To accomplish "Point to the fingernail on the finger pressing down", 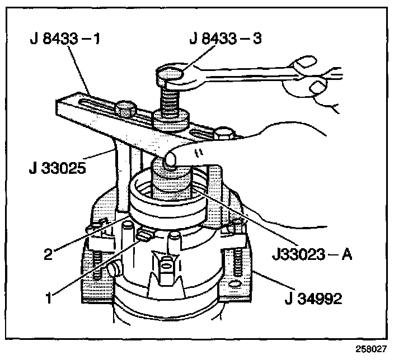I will pos(171,161).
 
